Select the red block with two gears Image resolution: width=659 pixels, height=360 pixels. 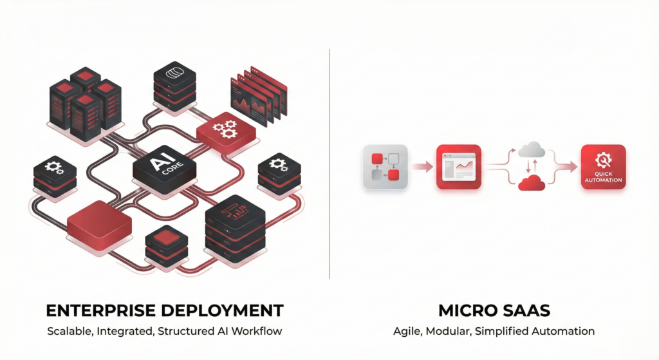[225, 131]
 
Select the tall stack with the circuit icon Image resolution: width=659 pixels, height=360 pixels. [234, 225]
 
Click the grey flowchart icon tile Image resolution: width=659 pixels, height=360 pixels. [385, 166]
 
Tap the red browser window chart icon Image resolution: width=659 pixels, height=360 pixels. [458, 166]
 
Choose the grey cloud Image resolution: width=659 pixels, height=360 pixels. [532, 150]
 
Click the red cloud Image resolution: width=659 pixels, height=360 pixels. [532, 183]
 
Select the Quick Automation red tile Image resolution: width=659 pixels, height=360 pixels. [603, 166]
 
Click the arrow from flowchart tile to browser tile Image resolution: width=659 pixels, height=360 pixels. [422, 167]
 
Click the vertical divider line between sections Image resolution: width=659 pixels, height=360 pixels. [329, 161]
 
